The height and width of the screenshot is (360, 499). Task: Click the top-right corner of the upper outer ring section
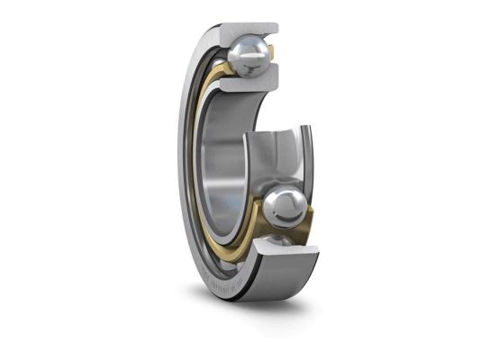(277, 27)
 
